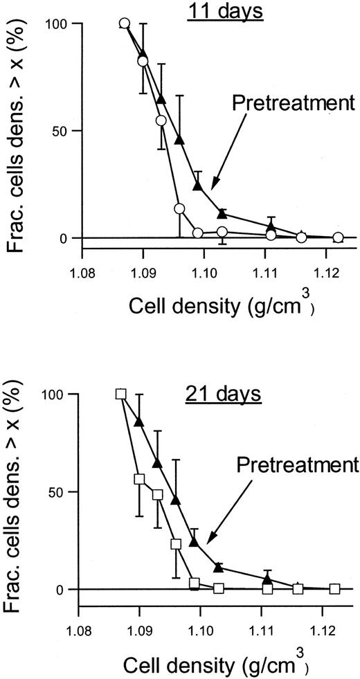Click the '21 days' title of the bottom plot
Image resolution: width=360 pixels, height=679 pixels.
(222, 395)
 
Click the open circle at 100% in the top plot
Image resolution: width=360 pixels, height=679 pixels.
(125, 24)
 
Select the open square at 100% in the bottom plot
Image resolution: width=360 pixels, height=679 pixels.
(121, 394)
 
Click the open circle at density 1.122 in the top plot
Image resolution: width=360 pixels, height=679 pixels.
(338, 237)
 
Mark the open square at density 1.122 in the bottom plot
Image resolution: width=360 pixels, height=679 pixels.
(335, 589)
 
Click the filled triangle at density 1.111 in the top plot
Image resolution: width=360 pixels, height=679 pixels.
(271, 227)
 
